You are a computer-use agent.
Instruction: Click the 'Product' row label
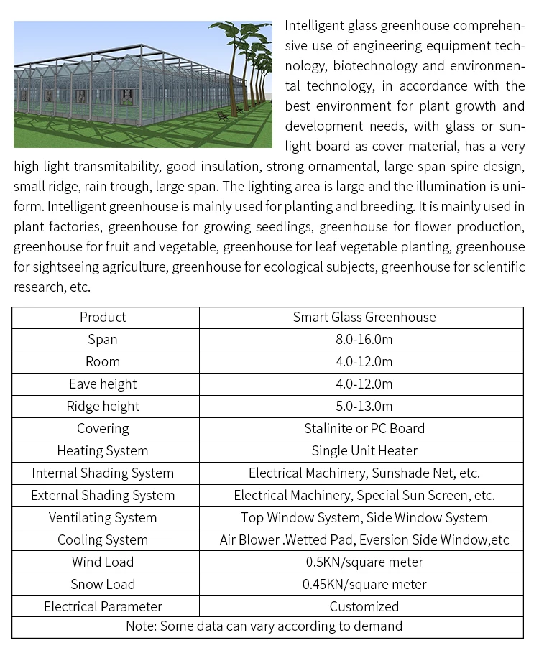[103, 317]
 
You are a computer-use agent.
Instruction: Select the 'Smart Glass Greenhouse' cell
[364, 317]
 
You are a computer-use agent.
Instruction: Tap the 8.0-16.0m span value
[364, 339]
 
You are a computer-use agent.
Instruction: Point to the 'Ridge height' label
[103, 406]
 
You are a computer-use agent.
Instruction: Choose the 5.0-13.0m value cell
[364, 406]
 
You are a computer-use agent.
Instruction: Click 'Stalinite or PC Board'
[364, 428]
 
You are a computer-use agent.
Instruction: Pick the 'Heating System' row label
[103, 450]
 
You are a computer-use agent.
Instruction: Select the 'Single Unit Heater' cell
[364, 450]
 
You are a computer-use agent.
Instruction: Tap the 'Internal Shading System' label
[103, 473]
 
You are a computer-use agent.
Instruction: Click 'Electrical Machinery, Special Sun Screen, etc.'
[364, 495]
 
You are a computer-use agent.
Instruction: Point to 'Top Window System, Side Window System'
[364, 517]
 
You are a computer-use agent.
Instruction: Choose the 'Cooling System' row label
[103, 539]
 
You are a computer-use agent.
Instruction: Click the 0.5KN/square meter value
[364, 562]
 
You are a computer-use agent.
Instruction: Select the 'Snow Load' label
[103, 584]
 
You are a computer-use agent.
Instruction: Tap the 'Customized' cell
[364, 606]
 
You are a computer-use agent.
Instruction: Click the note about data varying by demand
[264, 626]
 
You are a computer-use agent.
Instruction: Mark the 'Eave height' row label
[103, 384]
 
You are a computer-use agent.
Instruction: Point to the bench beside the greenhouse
[224, 115]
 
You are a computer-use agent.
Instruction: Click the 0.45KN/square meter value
[364, 584]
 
